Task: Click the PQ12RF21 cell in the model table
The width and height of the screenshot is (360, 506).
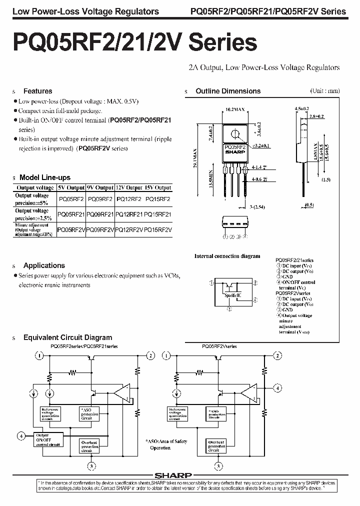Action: (x=129, y=214)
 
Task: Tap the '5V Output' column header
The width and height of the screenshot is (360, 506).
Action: (x=71, y=187)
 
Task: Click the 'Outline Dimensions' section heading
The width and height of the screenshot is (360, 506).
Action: (x=228, y=91)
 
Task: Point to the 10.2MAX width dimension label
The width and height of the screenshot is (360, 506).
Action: (x=234, y=108)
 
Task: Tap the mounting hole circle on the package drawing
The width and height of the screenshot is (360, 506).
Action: (x=234, y=133)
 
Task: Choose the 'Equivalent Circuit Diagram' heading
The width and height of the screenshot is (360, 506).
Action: (x=67, y=337)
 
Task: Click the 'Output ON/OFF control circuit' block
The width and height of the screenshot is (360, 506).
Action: (x=48, y=438)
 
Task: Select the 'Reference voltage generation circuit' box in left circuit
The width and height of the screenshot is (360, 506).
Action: (x=51, y=413)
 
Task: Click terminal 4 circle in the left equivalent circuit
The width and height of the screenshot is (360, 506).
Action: (x=21, y=435)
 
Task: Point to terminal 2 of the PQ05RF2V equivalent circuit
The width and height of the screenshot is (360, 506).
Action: (x=276, y=355)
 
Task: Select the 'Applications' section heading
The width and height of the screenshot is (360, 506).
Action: (x=44, y=265)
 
